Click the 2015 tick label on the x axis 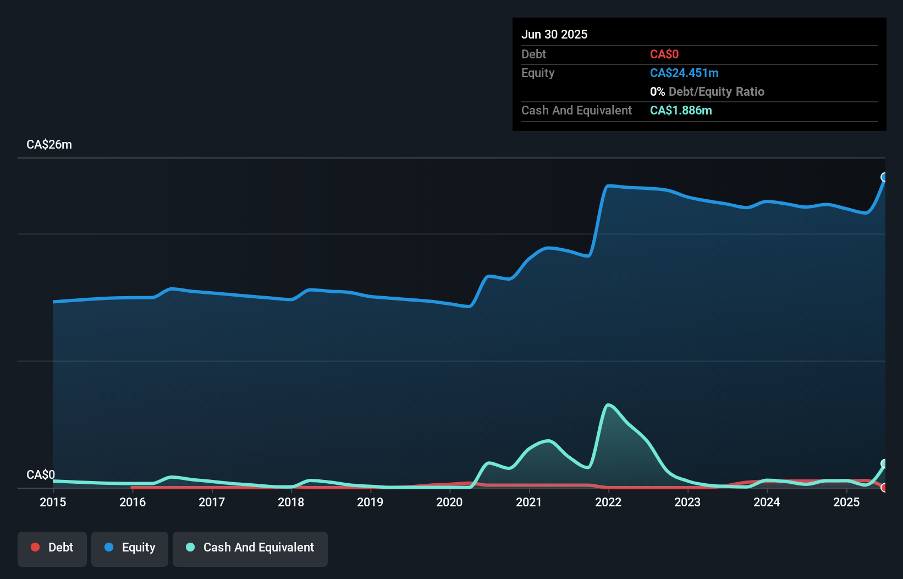click(x=53, y=502)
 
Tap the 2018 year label click(x=291, y=502)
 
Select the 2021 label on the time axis click(x=528, y=502)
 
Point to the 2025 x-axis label click(x=846, y=502)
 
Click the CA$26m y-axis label click(x=49, y=145)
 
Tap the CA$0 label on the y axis click(x=41, y=474)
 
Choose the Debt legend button click(x=52, y=548)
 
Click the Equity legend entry click(x=130, y=548)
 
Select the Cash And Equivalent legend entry click(x=250, y=548)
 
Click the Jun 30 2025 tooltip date click(x=554, y=35)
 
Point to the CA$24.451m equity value click(x=684, y=73)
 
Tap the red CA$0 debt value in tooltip click(x=664, y=54)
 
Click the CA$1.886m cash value click(x=681, y=111)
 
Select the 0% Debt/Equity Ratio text click(x=707, y=92)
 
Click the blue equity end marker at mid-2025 click(x=884, y=177)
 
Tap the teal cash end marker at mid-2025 click(x=884, y=463)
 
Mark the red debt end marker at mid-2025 click(x=884, y=488)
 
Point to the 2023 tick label click(x=687, y=502)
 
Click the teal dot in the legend click(x=190, y=547)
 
